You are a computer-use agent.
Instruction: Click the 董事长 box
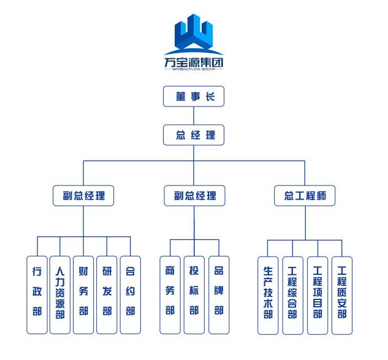pos(194,97)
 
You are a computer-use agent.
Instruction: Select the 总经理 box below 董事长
pos(194,135)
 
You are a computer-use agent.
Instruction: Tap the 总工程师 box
pos(305,197)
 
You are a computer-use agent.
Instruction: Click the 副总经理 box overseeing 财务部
pos(83,197)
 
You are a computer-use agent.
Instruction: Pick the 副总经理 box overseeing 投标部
pos(194,197)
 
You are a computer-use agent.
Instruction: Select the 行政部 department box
pos(37,294)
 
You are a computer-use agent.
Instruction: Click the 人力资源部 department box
pos(60,294)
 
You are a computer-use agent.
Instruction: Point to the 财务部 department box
pos(83,294)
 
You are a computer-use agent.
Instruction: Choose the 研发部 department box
pos(107,294)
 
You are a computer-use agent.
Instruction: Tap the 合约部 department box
pos(130,294)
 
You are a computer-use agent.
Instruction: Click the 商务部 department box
pos(170,294)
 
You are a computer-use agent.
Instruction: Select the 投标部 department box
pos(194,294)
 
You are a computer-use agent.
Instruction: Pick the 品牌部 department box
pos(219,294)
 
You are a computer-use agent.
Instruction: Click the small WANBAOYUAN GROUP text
pos(194,70)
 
